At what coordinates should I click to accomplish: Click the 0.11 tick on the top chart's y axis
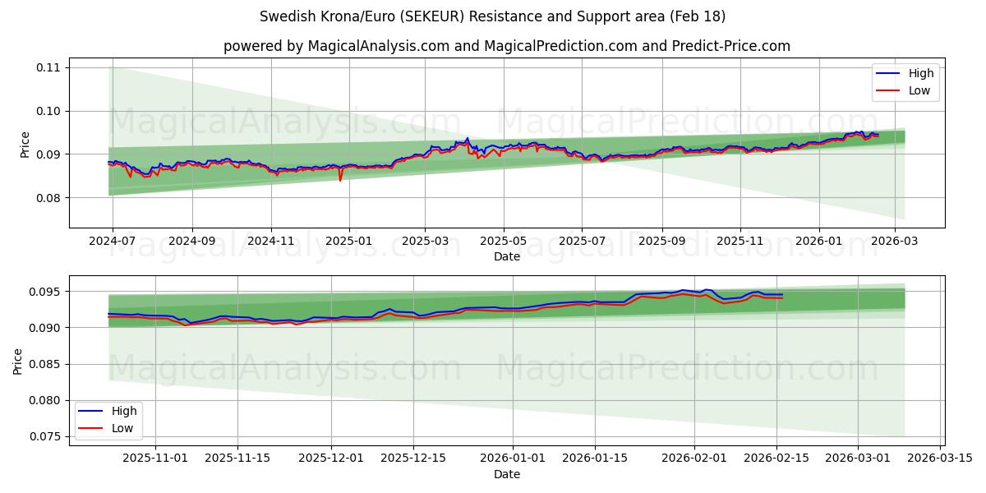[48, 67]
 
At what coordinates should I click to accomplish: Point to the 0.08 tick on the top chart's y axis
[48, 198]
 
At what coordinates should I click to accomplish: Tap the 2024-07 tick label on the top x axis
[112, 242]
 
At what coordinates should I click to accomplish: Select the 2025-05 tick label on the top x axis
[503, 242]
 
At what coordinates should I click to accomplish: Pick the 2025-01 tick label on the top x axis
[349, 242]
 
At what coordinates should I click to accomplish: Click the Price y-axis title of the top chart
[25, 144]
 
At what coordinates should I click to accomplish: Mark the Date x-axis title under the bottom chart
[507, 474]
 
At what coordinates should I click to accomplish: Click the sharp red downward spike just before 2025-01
[340, 179]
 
